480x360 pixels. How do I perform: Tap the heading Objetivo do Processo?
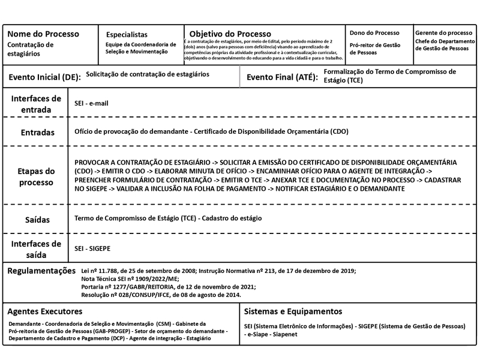(230, 34)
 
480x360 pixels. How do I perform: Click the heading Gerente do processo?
(443, 32)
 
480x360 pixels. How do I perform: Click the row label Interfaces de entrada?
(36, 104)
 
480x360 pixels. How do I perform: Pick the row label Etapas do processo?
(36, 176)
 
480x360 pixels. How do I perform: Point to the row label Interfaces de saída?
(36, 249)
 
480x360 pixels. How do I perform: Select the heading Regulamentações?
(41, 271)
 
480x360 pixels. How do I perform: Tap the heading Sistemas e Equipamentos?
(293, 311)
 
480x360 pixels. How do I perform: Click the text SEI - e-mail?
(91, 103)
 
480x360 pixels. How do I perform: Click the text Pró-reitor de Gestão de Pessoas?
(375, 49)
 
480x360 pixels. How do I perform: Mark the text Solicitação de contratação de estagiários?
(148, 75)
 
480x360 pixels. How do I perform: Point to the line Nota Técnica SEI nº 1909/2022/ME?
(130, 279)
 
